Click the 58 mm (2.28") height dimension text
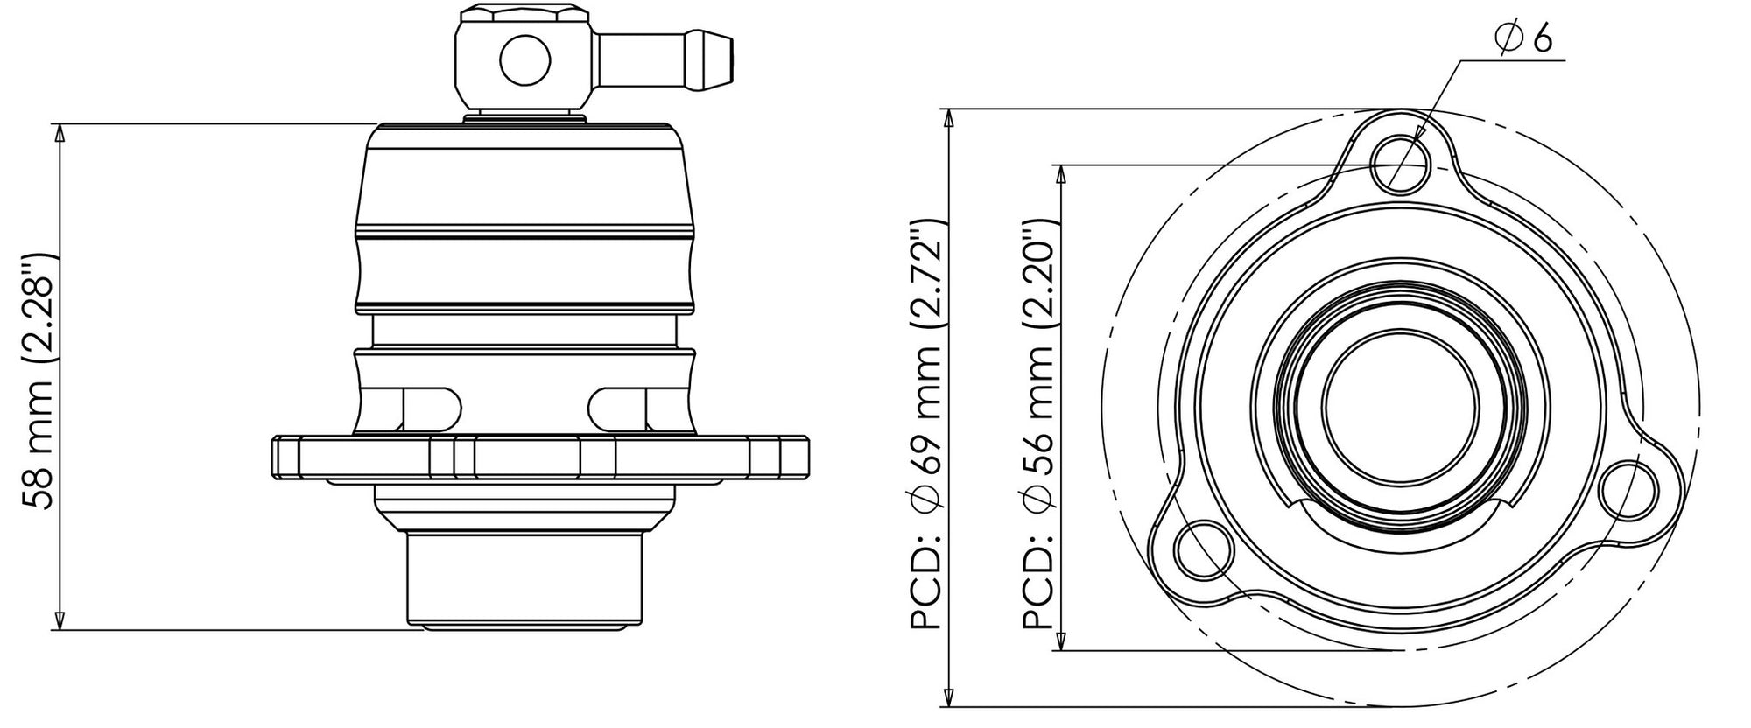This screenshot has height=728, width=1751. (x=39, y=381)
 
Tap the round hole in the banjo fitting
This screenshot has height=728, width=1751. (x=525, y=60)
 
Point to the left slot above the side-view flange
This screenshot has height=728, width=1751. (x=431, y=407)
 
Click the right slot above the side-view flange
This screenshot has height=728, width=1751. (x=618, y=407)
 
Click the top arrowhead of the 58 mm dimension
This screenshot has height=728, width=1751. (x=60, y=131)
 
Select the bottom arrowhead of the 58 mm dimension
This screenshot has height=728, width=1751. (x=60, y=621)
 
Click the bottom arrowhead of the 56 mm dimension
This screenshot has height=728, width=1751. (x=1062, y=641)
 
